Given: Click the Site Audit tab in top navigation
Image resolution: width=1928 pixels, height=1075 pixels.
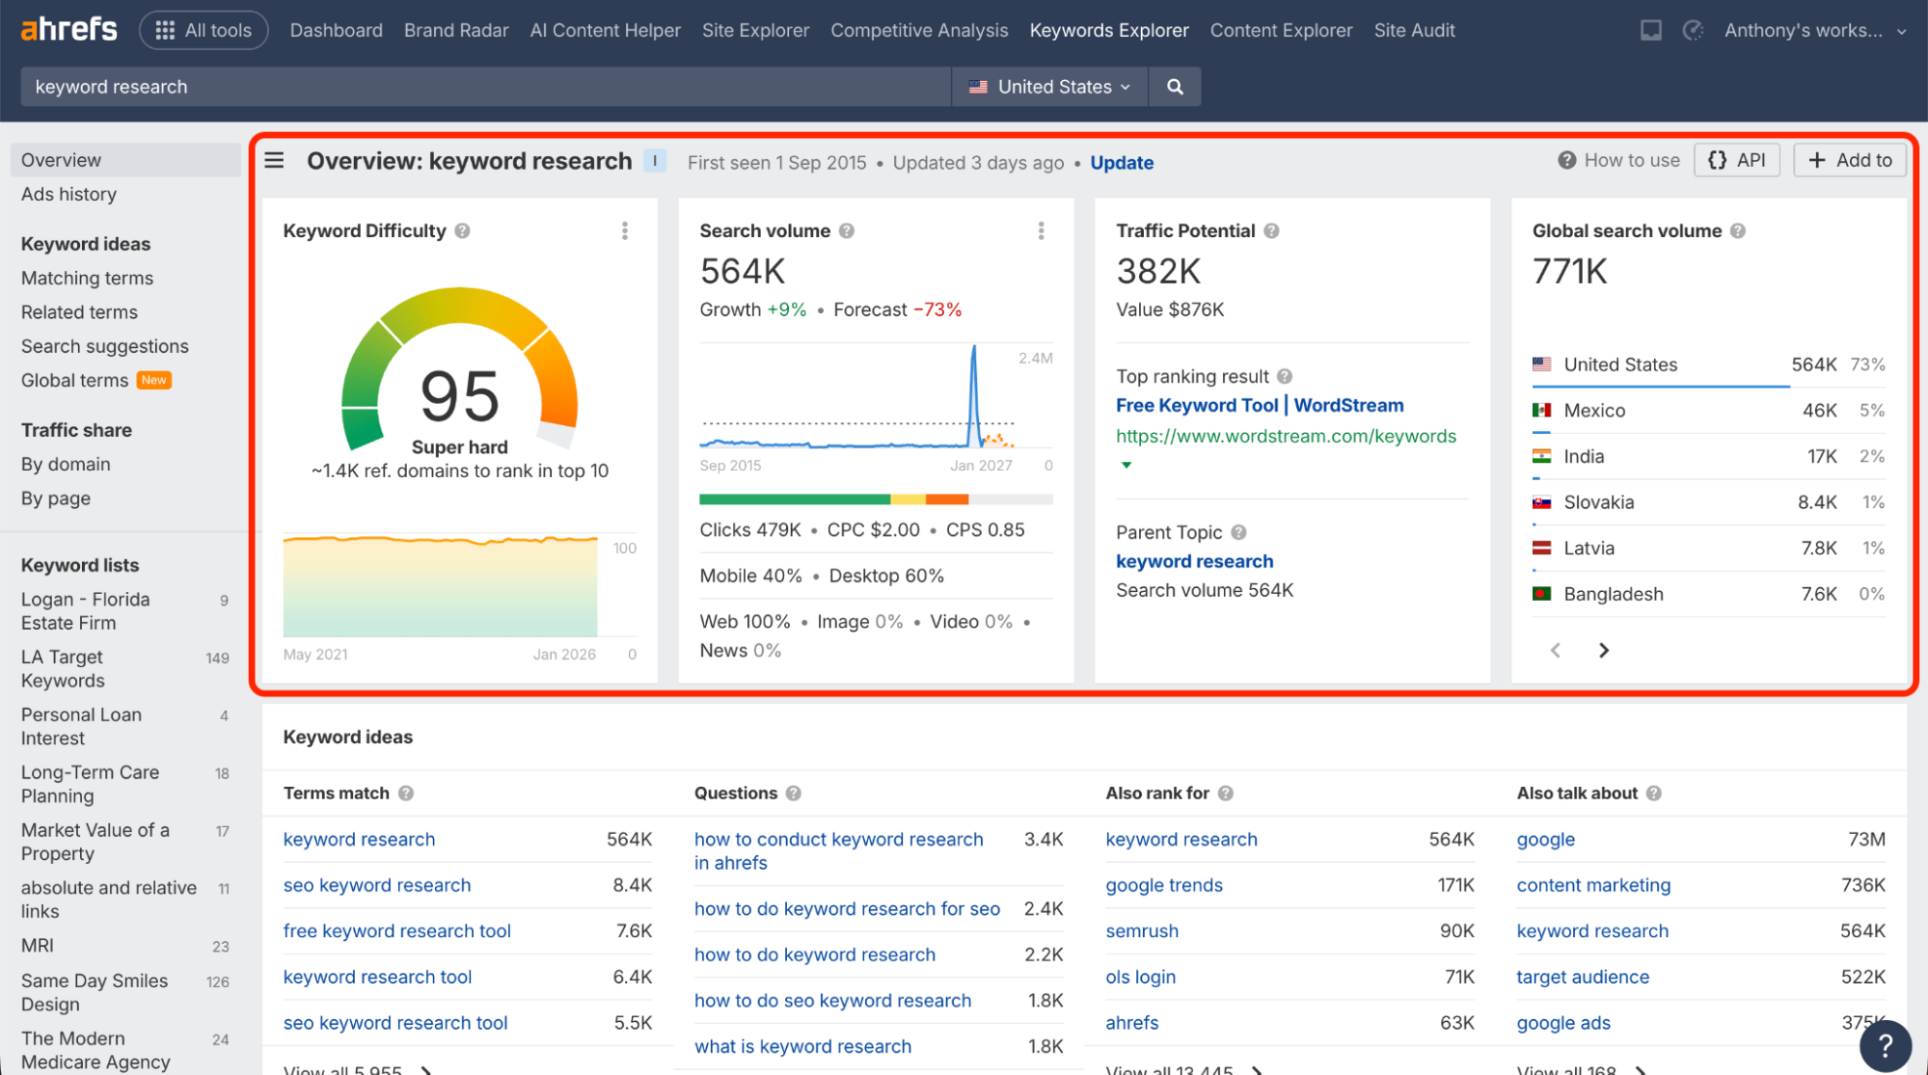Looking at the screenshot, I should (1414, 30).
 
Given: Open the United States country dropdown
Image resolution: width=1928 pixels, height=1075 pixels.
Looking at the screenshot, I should (1049, 87).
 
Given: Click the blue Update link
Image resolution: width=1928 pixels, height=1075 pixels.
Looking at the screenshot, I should (1122, 163).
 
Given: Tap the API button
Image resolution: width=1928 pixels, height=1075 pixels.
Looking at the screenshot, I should (1736, 160).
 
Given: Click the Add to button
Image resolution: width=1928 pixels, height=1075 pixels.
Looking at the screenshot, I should (1849, 160).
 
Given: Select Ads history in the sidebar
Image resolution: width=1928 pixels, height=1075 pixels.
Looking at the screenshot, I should (68, 194).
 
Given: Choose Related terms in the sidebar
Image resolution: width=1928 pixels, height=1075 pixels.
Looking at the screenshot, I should (79, 312).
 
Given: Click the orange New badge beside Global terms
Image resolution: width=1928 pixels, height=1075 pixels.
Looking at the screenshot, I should (153, 380).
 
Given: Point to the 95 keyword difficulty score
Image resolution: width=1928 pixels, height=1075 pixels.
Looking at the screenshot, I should (460, 396).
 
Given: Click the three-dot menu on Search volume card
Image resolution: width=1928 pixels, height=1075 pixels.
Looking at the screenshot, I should (1041, 230).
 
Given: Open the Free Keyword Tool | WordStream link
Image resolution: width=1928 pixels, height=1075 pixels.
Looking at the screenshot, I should (1260, 405).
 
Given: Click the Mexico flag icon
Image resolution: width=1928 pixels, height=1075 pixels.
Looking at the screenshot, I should (1541, 411).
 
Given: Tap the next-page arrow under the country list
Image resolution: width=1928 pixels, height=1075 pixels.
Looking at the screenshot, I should (1604, 651).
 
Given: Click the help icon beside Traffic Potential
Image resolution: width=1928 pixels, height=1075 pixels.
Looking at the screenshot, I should (1271, 231).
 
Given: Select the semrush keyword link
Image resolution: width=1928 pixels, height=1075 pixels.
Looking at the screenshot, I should (1142, 931).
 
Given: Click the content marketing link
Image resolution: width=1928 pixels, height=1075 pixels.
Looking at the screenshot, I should (1593, 885).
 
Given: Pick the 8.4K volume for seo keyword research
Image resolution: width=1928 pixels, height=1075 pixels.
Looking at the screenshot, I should (632, 885).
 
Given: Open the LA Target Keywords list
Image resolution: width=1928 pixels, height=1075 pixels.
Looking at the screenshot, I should (63, 668).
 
